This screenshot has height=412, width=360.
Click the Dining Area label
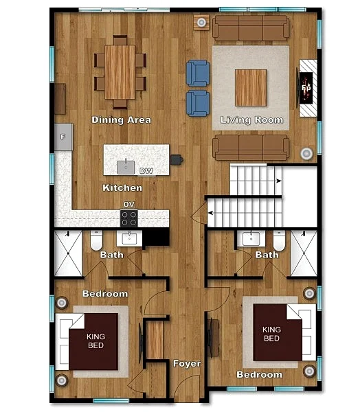click(x=121, y=120)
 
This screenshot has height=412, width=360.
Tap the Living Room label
click(x=251, y=120)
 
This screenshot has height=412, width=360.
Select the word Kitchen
click(x=122, y=188)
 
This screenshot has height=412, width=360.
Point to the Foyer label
click(x=187, y=364)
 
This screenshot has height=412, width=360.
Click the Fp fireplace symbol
click(x=306, y=88)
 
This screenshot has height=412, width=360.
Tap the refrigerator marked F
click(x=63, y=137)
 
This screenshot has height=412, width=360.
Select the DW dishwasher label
click(x=146, y=171)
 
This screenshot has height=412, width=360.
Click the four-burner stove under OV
click(x=129, y=218)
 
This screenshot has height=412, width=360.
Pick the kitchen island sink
click(x=126, y=167)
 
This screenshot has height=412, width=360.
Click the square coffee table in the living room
click(x=251, y=88)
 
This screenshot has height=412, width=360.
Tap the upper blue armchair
click(x=198, y=73)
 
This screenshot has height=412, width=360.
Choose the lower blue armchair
click(x=198, y=103)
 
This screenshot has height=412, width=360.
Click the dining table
click(x=120, y=72)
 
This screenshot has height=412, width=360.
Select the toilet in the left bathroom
click(x=96, y=240)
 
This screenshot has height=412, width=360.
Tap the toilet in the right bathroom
click(x=279, y=241)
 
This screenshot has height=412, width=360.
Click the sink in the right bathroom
click(x=251, y=238)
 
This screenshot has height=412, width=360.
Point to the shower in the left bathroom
click(x=68, y=253)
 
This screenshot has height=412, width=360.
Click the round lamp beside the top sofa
click(x=202, y=23)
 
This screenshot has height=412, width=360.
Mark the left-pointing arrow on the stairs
click(x=211, y=213)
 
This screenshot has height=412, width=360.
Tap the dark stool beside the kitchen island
click(x=177, y=160)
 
